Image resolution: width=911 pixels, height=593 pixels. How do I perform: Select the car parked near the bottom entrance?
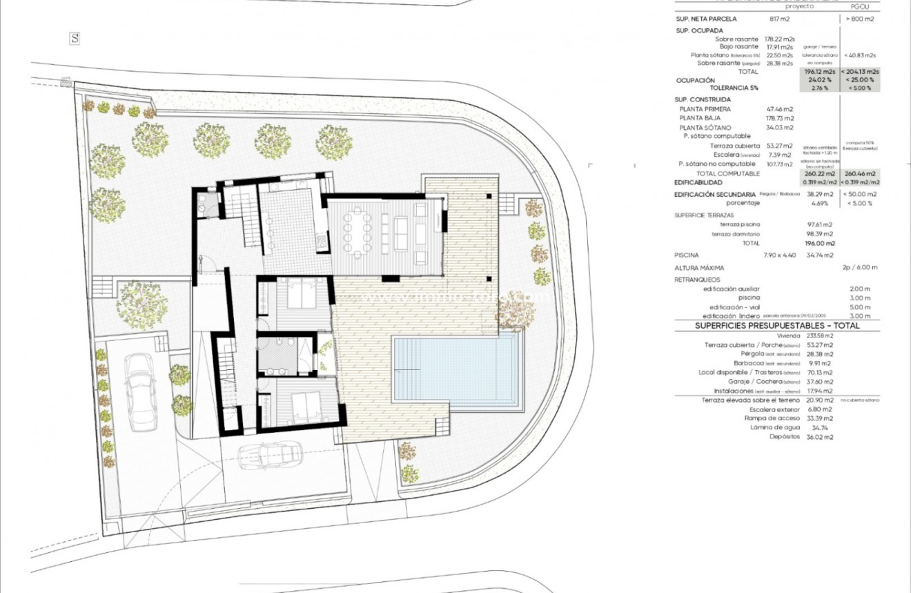tap(270, 455)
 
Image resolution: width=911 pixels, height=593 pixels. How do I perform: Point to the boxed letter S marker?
tap(75, 39)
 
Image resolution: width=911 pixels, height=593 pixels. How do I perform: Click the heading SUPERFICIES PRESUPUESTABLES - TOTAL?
tap(777, 326)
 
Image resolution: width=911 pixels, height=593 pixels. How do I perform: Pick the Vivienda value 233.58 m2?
tap(819, 336)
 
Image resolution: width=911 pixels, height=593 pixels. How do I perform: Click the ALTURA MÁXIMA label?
tap(699, 268)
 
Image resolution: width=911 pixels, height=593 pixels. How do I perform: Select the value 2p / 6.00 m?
tap(859, 268)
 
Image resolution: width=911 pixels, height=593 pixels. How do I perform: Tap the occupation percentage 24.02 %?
tap(818, 80)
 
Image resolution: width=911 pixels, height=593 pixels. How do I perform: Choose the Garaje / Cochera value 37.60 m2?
tap(819, 381)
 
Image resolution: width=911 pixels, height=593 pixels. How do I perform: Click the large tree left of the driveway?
tap(142, 304)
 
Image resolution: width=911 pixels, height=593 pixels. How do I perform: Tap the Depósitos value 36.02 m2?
tap(819, 437)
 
